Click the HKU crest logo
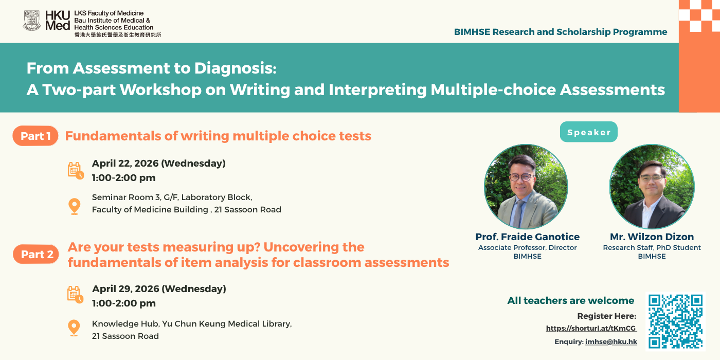tap(32, 21)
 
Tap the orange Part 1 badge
tap(35, 136)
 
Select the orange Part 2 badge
tap(36, 254)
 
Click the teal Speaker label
tap(588, 132)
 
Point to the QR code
tap(675, 321)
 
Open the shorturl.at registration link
tap(591, 328)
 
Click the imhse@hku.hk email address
tap(611, 341)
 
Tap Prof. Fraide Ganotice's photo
tap(526, 186)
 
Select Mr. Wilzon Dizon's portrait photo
tap(652, 186)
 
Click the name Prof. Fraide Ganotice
tap(528, 237)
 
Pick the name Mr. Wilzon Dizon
tap(652, 237)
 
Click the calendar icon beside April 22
tap(76, 170)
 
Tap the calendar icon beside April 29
tap(75, 294)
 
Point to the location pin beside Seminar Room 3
tap(74, 206)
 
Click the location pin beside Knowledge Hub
tap(74, 328)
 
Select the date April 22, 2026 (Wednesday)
tap(159, 164)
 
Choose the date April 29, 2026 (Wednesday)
tap(159, 289)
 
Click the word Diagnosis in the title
tap(235, 68)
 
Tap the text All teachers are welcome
tap(570, 300)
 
